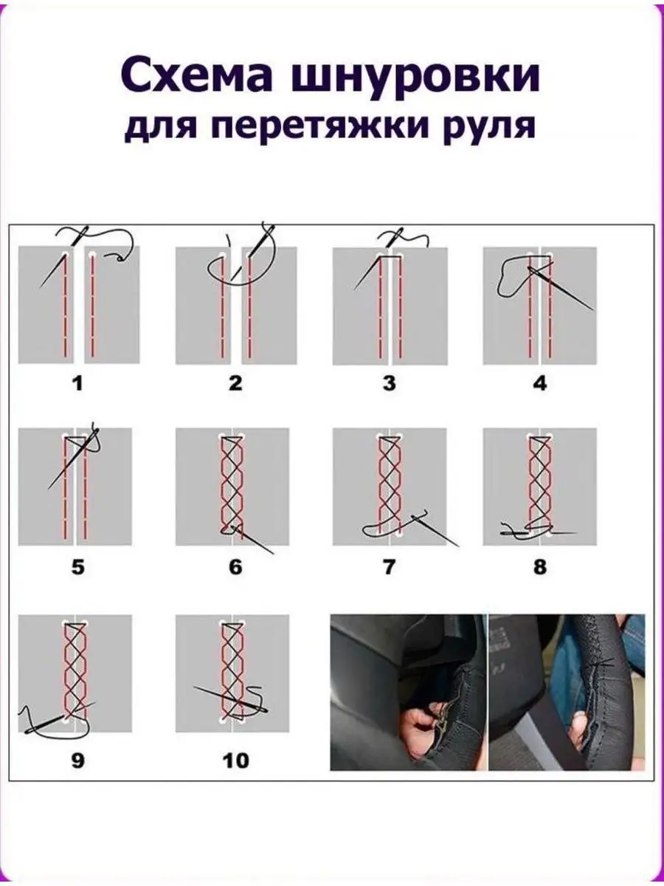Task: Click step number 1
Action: click(77, 383)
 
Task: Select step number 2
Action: click(235, 383)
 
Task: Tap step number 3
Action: click(389, 383)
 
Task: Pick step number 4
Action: click(540, 383)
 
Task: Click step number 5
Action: click(77, 567)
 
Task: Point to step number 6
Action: click(235, 567)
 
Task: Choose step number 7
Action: click(389, 567)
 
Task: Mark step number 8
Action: click(540, 567)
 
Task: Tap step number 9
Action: click(77, 761)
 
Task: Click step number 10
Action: click(236, 761)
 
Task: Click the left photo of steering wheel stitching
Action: click(409, 692)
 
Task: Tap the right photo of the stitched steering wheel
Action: click(567, 692)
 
